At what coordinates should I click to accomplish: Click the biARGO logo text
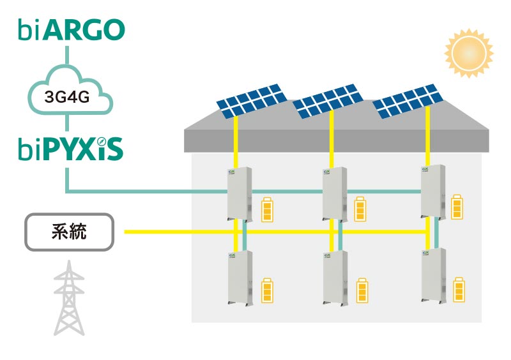click(71, 29)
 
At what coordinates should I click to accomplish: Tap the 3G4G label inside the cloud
click(68, 97)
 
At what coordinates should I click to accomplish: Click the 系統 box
click(69, 232)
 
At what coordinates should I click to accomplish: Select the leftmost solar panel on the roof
click(250, 101)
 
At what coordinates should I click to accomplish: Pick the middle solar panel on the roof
click(328, 100)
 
